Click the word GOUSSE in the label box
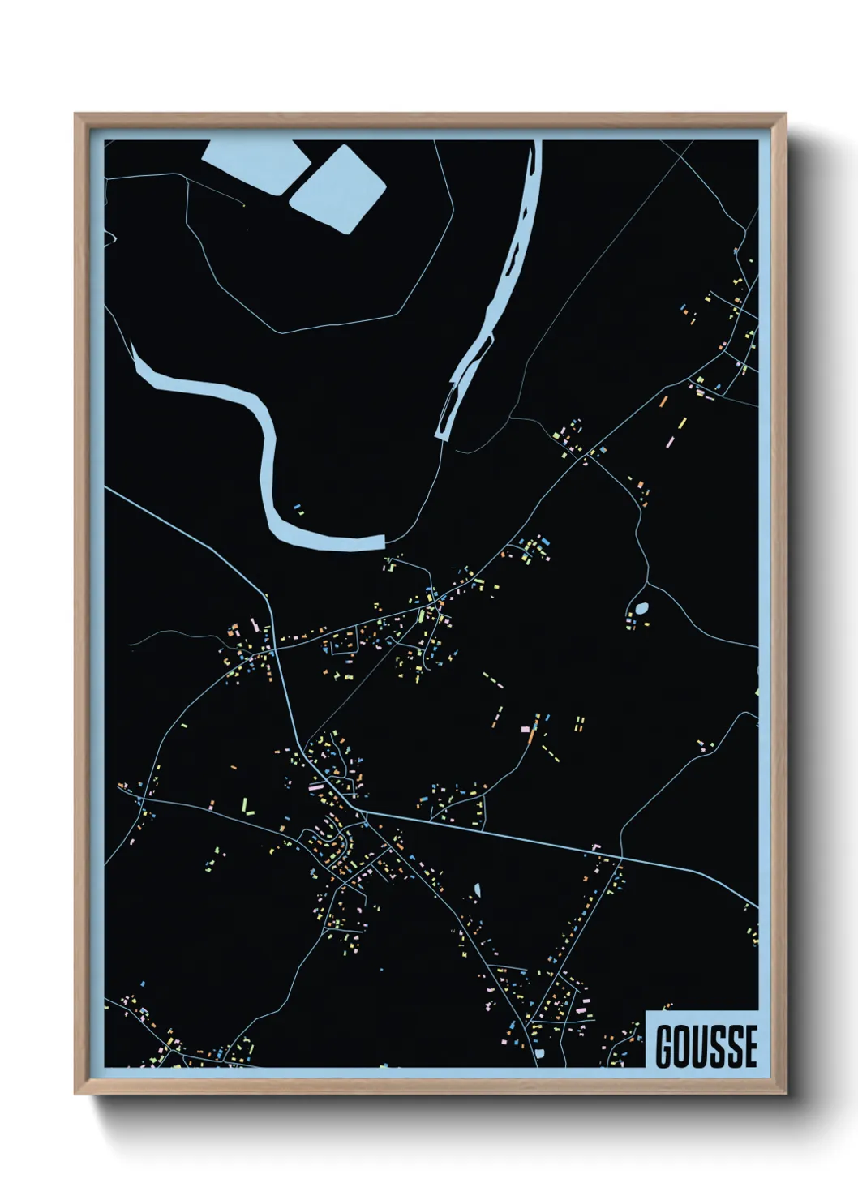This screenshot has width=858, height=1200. pos(706,1046)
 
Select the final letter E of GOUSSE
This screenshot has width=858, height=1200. pos(750,1046)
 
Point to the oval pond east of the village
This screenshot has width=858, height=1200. pos(641,607)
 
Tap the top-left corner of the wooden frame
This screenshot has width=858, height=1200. pos(76,115)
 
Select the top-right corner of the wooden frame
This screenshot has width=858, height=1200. pos(785,115)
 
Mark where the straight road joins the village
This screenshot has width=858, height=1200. pos(364,812)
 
